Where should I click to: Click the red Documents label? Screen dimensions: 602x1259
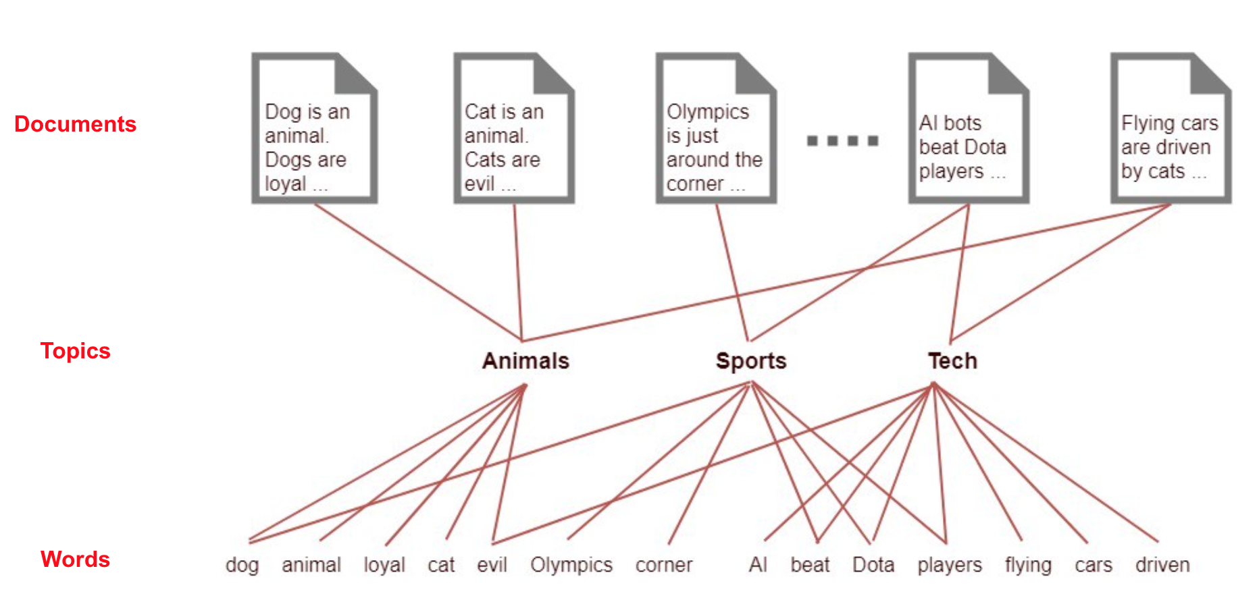coord(75,124)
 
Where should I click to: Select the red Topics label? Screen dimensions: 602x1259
coord(75,351)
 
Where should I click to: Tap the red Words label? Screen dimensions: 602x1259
coord(75,559)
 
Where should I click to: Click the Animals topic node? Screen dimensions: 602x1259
coord(525,361)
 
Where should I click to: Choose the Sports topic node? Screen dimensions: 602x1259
coord(751,361)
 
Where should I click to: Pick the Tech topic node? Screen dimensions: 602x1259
coord(952,361)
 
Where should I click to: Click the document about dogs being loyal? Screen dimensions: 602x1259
coord(314,128)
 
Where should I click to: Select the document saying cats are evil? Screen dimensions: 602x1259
coord(513,128)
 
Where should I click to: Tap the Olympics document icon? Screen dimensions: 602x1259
coord(715,128)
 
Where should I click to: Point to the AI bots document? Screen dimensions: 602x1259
coord(968,128)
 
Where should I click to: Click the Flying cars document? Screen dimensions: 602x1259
coord(1171,128)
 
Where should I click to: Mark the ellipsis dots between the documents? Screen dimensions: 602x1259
coord(842,141)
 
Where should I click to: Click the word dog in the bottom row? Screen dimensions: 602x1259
coord(242,565)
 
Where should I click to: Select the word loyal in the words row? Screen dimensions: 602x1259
coord(384,565)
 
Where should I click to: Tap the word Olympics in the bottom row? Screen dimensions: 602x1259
coord(571,565)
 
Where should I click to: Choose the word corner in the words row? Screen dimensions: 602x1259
coord(664,565)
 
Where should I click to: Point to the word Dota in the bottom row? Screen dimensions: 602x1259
coord(873,565)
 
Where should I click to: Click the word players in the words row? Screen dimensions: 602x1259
coord(950,566)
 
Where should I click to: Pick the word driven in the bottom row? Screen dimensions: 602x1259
coord(1162,565)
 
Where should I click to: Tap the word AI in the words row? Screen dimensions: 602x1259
coord(758,565)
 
